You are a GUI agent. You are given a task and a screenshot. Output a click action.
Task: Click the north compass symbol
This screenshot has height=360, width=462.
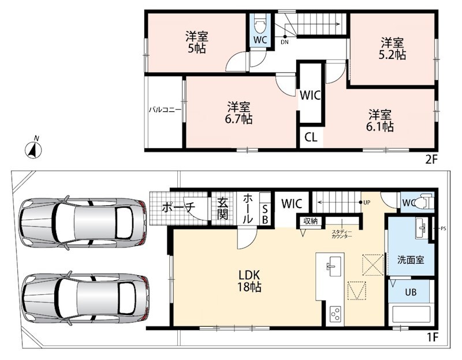pos(33,149)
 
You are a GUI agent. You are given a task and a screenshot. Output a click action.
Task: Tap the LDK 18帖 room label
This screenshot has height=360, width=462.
pos(249,281)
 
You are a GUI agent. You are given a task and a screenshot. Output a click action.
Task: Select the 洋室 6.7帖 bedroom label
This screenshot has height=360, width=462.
pos(239,112)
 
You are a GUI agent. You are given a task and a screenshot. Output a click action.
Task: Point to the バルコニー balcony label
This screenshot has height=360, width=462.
pos(165,110)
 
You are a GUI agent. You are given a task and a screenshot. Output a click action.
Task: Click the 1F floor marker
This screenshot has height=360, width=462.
pos(431,337)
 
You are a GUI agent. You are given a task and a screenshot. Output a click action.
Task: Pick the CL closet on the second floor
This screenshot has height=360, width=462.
pos(311,137)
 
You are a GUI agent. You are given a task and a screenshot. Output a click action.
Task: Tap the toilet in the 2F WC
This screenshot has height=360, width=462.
pos(260,24)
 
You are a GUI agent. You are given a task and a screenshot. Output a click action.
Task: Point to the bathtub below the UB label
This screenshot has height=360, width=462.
pos(411,315)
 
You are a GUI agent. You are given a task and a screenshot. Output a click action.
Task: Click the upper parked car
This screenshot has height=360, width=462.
pos(83,222)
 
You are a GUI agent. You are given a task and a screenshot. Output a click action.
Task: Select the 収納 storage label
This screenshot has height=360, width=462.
pos(310,221)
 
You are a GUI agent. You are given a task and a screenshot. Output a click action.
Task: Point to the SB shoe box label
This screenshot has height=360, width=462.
pos(264,214)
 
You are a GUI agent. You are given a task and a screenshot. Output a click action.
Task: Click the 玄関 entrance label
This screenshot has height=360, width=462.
pos(223,208)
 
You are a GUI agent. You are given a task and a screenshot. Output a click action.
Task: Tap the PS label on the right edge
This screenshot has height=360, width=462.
pos(444,228)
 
